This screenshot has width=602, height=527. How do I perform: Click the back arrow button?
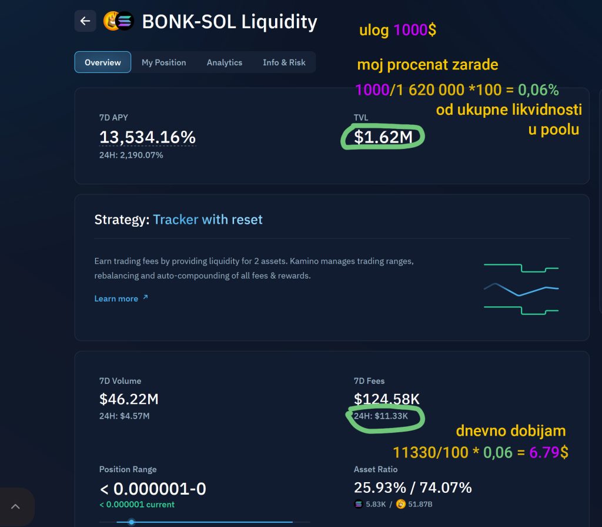tap(85, 21)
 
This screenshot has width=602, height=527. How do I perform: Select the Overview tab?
tap(103, 62)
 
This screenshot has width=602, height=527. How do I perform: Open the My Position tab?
tap(163, 62)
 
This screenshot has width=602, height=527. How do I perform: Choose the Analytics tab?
tap(224, 62)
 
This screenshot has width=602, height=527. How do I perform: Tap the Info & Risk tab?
tap(284, 62)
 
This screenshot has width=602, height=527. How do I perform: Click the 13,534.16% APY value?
tap(147, 137)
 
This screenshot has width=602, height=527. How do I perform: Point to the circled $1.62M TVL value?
tap(383, 137)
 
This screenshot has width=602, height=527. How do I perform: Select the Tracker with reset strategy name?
tap(208, 220)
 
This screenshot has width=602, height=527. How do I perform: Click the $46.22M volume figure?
tap(129, 399)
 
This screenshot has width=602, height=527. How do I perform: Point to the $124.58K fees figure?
tap(386, 399)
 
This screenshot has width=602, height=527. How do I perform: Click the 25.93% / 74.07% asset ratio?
tap(412, 488)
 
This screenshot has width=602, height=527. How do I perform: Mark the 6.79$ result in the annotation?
tap(549, 452)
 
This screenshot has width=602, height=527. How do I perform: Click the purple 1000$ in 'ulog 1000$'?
tap(414, 30)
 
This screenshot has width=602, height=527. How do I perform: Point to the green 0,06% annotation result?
tap(538, 90)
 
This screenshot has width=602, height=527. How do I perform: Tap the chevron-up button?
tap(15, 506)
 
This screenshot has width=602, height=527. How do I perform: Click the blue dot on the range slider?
tap(132, 522)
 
